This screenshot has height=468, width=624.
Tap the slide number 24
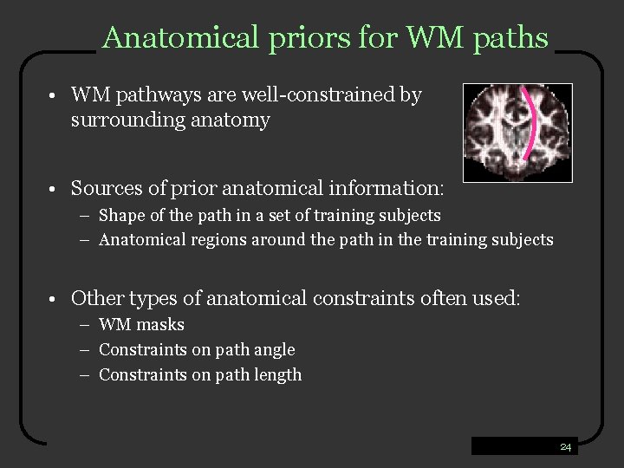click(x=565, y=447)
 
